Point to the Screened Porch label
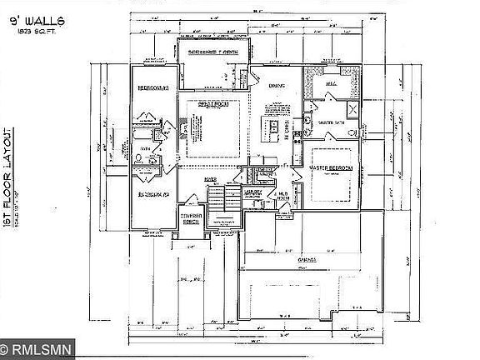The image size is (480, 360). coord(214,52)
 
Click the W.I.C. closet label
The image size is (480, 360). coord(330,83)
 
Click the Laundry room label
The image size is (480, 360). coord(254,192)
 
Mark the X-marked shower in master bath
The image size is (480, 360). coord(352,110)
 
